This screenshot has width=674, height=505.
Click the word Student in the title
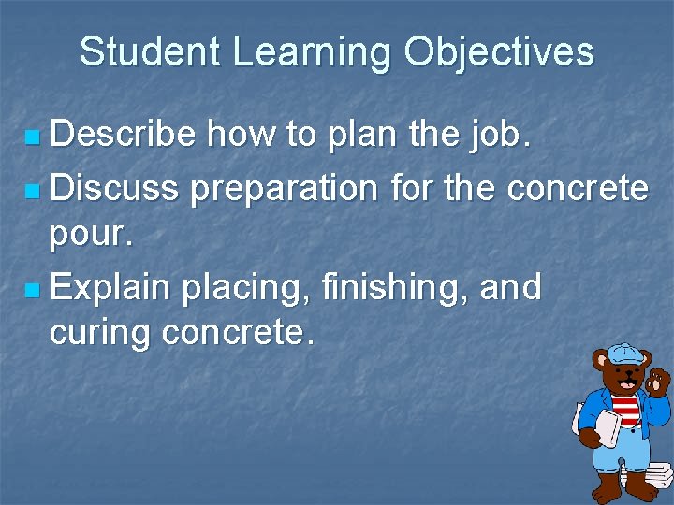pyautogui.click(x=150, y=52)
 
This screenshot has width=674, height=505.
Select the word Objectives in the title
pyautogui.click(x=499, y=52)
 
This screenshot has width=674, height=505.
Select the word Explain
pyautogui.click(x=111, y=287)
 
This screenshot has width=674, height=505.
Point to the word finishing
pyautogui.click(x=394, y=287)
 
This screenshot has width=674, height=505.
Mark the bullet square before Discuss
pyautogui.click(x=34, y=191)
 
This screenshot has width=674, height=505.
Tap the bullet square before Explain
pyautogui.click(x=34, y=290)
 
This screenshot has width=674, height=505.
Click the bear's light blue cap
pyautogui.click(x=619, y=353)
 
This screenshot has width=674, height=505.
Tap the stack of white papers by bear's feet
pyautogui.click(x=657, y=478)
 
